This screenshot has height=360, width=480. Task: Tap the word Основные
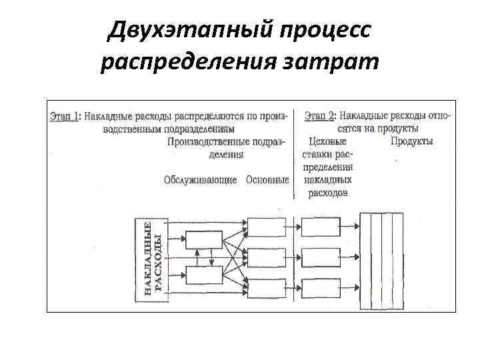pyautogui.click(x=267, y=180)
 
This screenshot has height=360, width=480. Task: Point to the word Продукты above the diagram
pyautogui.click(x=411, y=141)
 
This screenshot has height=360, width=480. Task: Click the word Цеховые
pyautogui.click(x=328, y=141)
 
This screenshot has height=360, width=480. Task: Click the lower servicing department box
pyautogui.click(x=205, y=274)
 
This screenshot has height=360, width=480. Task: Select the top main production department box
pyautogui.click(x=266, y=226)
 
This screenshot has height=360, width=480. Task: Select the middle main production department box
pyautogui.click(x=266, y=257)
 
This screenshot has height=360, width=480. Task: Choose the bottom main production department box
pyautogui.click(x=266, y=288)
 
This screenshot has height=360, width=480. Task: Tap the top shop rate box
pyautogui.click(x=321, y=226)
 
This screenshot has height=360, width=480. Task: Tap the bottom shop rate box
pyautogui.click(x=321, y=288)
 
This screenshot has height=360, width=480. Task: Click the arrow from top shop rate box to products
pyautogui.click(x=351, y=227)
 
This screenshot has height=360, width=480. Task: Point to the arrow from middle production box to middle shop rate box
pyautogui.click(x=294, y=257)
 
